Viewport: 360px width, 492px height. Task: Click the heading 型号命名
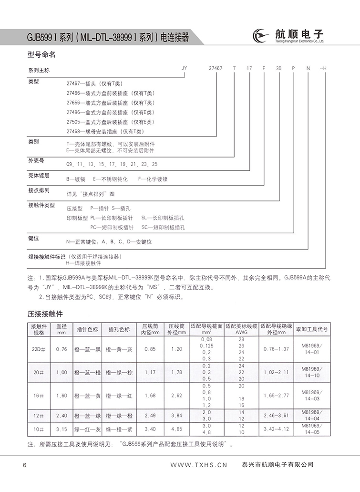coord(42,55)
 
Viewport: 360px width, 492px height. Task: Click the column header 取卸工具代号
coord(312,329)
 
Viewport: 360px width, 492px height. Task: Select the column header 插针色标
coord(87,329)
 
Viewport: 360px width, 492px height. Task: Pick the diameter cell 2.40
coord(61,415)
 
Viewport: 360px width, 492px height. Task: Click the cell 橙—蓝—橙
coord(87,372)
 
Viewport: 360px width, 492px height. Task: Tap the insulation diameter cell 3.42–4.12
coord(277,429)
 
